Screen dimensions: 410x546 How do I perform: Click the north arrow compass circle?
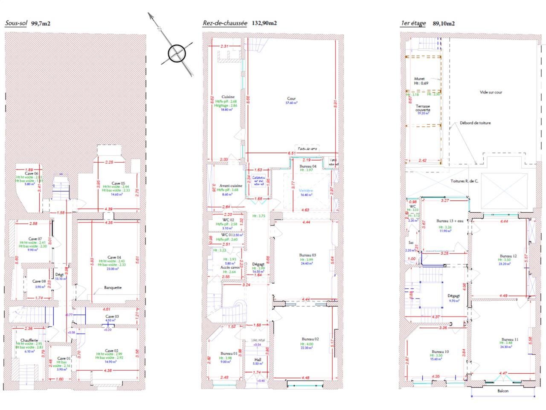[175, 53]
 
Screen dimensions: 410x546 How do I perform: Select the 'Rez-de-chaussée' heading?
[225, 23]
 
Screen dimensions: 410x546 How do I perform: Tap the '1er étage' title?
[413, 23]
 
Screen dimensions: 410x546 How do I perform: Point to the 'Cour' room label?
[291, 99]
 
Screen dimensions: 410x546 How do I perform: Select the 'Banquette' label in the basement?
[113, 287]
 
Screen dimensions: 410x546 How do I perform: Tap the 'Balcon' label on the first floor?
[502, 391]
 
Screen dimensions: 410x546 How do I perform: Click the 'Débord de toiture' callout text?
[475, 123]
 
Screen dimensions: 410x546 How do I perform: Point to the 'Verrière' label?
[306, 190]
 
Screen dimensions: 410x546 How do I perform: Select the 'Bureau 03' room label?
[308, 255]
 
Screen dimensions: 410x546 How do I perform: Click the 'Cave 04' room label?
[113, 257]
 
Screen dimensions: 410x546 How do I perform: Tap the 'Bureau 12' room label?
[508, 256]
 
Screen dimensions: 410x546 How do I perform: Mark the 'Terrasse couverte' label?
[423, 108]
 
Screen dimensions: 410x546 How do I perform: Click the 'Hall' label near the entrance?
[258, 360]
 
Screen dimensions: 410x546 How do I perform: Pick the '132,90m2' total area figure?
[264, 23]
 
